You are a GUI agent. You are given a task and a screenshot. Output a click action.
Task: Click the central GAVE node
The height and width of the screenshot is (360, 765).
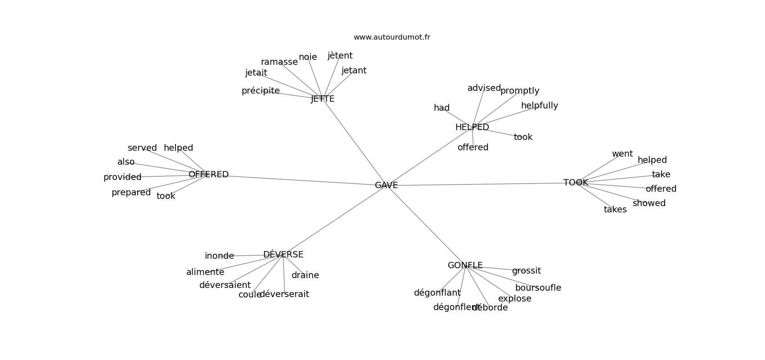tap(386, 185)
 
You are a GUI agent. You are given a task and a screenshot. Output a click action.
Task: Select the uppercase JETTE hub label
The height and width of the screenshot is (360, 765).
tap(323, 99)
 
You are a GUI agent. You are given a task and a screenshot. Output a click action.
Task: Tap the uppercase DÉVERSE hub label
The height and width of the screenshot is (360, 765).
tap(283, 254)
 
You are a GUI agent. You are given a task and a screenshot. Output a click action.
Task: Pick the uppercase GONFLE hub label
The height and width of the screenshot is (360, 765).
tap(465, 265)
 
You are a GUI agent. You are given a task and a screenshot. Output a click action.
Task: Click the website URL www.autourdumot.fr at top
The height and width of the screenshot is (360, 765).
tap(391, 37)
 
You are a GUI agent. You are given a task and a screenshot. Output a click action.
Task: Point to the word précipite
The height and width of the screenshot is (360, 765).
tap(261, 91)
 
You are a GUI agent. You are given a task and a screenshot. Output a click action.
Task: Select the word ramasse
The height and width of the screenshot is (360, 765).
tap(279, 62)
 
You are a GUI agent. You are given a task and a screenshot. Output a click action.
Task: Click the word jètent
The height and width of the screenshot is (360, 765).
tap(340, 56)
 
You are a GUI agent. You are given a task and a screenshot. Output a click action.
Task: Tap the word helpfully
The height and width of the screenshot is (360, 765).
tap(539, 106)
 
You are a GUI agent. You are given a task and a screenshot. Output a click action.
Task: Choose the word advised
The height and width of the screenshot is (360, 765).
tap(484, 88)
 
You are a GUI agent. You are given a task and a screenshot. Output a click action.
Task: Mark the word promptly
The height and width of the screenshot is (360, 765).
tap(519, 91)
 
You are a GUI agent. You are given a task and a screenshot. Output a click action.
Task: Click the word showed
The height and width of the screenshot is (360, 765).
tap(649, 203)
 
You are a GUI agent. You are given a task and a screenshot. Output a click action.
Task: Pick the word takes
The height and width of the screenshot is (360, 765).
tap(615, 210)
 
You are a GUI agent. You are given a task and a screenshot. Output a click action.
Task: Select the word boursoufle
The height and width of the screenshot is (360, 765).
tap(538, 288)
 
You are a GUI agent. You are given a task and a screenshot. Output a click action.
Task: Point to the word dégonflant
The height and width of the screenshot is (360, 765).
tap(437, 293)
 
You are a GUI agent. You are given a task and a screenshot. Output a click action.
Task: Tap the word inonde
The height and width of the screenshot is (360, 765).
tap(219, 256)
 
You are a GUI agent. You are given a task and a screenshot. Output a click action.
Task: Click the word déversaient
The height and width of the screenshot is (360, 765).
tap(225, 285)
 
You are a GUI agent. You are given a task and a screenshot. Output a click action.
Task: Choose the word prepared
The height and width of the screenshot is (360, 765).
tap(131, 193)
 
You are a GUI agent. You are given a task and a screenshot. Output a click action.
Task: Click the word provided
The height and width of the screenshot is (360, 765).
tap(122, 177)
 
